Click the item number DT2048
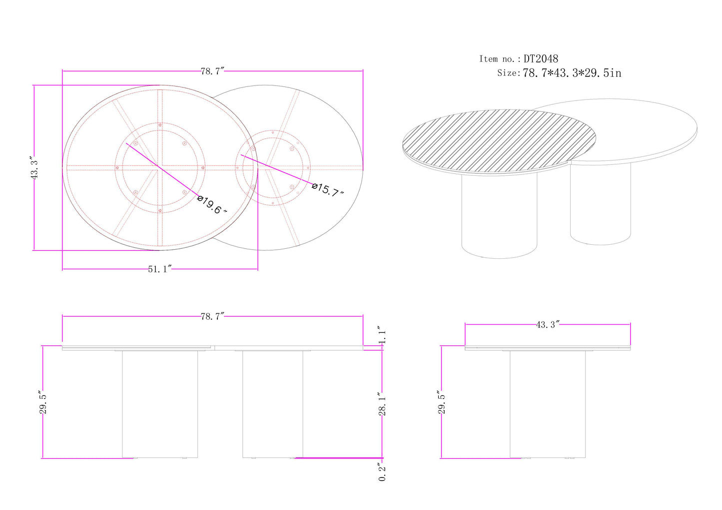[541, 59]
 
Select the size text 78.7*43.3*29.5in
[572, 73]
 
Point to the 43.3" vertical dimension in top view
[34, 168]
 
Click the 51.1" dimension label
[159, 269]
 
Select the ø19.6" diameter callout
[212, 205]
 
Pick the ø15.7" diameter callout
[328, 190]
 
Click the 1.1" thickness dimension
[382, 335]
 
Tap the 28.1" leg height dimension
[382, 404]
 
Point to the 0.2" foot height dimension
[382, 472]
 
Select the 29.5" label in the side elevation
[442, 403]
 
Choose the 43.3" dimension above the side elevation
[547, 325]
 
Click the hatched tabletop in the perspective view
[499, 140]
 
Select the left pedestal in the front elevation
[160, 404]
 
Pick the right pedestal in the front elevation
[272, 404]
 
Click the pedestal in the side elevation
[548, 404]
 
